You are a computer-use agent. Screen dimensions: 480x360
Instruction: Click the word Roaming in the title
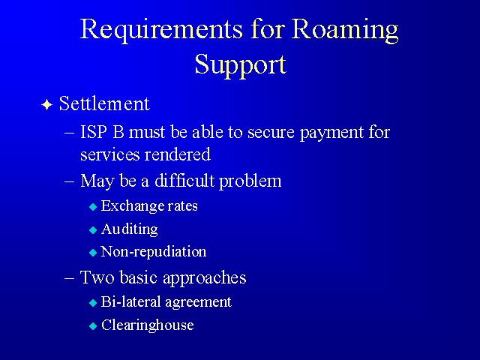[345, 30]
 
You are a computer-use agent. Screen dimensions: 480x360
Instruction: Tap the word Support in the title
[241, 65]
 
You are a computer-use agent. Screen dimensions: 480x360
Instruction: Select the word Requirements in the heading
[161, 30]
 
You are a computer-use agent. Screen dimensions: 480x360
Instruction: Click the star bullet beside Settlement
[46, 105]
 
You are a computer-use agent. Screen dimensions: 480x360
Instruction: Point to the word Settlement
[104, 103]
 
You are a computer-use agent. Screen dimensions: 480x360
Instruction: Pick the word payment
[331, 133]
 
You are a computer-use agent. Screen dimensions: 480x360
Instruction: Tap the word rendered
[178, 154]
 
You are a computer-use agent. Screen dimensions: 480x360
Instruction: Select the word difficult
[184, 180]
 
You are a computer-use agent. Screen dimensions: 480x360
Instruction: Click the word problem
[250, 181]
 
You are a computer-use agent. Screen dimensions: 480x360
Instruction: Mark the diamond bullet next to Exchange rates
[93, 207]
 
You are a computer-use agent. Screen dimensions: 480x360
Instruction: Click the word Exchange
[132, 206]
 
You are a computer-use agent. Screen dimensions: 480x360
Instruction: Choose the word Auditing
[130, 229]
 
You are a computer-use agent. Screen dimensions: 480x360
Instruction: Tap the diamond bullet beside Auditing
[93, 230]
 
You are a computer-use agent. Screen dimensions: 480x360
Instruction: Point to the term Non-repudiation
[153, 252]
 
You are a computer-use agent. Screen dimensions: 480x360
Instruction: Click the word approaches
[205, 278]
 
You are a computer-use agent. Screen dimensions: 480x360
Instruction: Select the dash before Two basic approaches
[70, 278]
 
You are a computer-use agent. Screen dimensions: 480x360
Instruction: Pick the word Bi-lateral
[131, 301]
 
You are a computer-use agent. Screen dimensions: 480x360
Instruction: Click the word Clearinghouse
[148, 325]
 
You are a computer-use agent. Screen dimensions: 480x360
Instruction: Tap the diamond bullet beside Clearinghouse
[93, 326]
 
